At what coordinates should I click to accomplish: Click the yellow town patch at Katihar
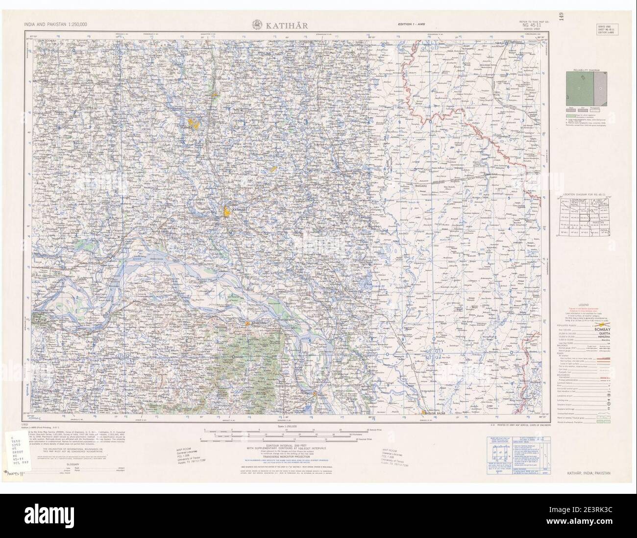click(x=227, y=212)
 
